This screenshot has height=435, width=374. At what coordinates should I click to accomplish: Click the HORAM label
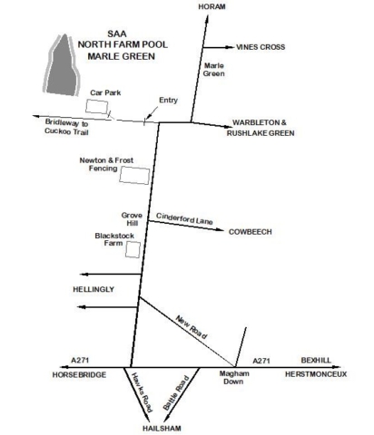[212, 6]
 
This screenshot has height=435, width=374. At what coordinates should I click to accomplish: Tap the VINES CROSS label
[261, 47]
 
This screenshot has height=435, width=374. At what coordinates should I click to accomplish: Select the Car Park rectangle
[97, 107]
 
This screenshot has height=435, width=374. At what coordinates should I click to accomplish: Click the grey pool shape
[63, 65]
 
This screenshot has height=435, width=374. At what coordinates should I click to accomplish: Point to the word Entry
[169, 101]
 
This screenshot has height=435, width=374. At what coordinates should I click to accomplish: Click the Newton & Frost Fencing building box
[134, 175]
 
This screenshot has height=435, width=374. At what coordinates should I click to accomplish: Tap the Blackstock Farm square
[133, 249]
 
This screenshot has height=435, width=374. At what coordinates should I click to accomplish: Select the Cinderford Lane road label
[184, 218]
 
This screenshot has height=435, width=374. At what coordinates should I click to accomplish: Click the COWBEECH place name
[251, 232]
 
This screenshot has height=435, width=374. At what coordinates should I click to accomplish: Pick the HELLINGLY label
[93, 289]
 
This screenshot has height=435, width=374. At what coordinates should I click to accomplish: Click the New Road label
[192, 327]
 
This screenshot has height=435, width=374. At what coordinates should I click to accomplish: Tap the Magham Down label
[234, 378]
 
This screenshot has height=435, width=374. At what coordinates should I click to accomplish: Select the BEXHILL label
[316, 360]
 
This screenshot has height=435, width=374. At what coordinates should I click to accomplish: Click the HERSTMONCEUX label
[316, 374]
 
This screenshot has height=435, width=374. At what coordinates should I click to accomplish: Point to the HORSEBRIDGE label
[79, 375]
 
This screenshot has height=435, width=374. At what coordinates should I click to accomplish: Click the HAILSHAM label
[162, 429]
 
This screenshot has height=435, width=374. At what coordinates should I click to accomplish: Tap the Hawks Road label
[142, 392]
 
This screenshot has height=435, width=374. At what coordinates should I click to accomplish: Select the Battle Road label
[176, 392]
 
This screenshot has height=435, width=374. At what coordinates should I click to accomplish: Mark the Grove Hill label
[132, 219]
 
